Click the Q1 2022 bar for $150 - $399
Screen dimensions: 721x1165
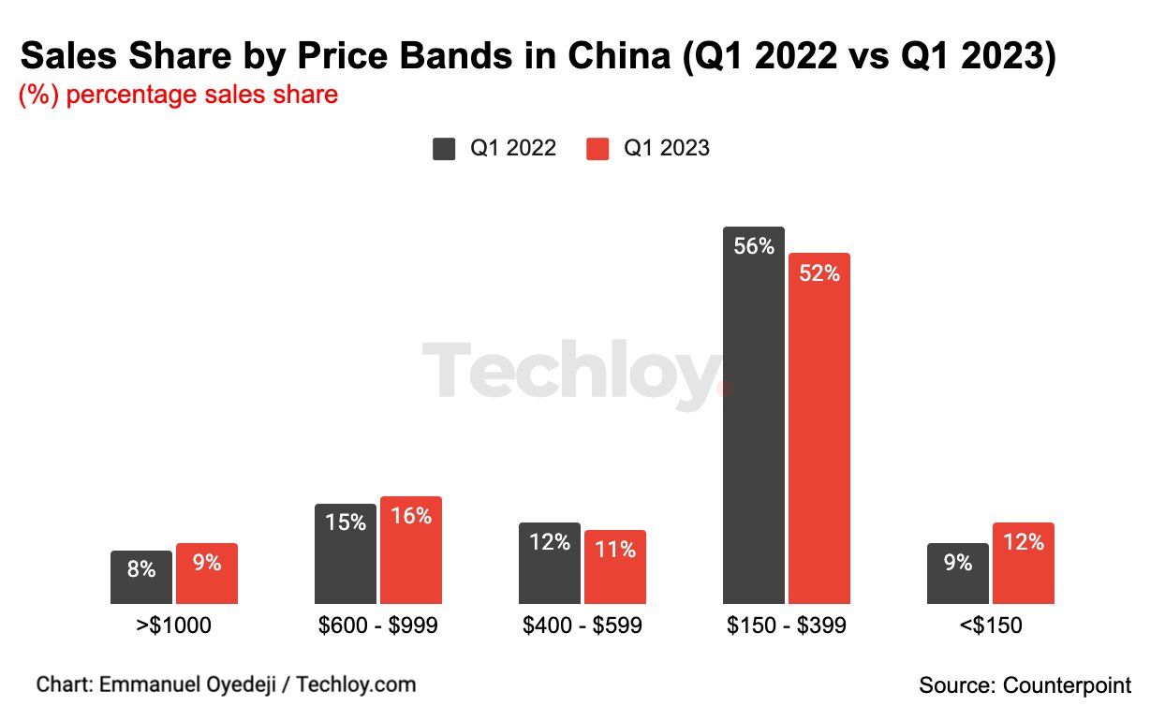754,421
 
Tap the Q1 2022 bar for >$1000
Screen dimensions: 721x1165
141,578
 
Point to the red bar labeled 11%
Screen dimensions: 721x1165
614,567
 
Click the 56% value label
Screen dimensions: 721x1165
754,247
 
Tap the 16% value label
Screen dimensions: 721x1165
411,516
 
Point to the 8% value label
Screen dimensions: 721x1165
141,568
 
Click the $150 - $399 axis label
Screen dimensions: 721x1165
786,625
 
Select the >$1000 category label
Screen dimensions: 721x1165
173,625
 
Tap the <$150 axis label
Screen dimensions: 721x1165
990,625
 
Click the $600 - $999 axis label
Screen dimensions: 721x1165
377,625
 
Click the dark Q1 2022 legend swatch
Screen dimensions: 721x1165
444,149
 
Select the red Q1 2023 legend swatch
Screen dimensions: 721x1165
597,149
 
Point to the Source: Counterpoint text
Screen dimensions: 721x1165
1025,685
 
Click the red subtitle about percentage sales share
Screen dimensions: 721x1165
178,95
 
